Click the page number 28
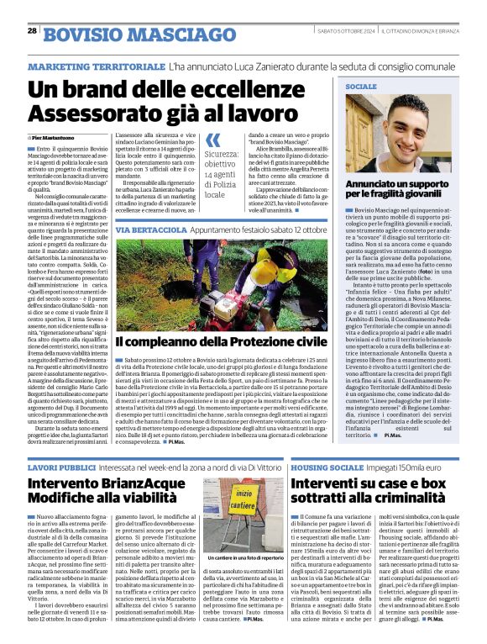click(x=32, y=30)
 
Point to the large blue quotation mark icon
click(x=214, y=140)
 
